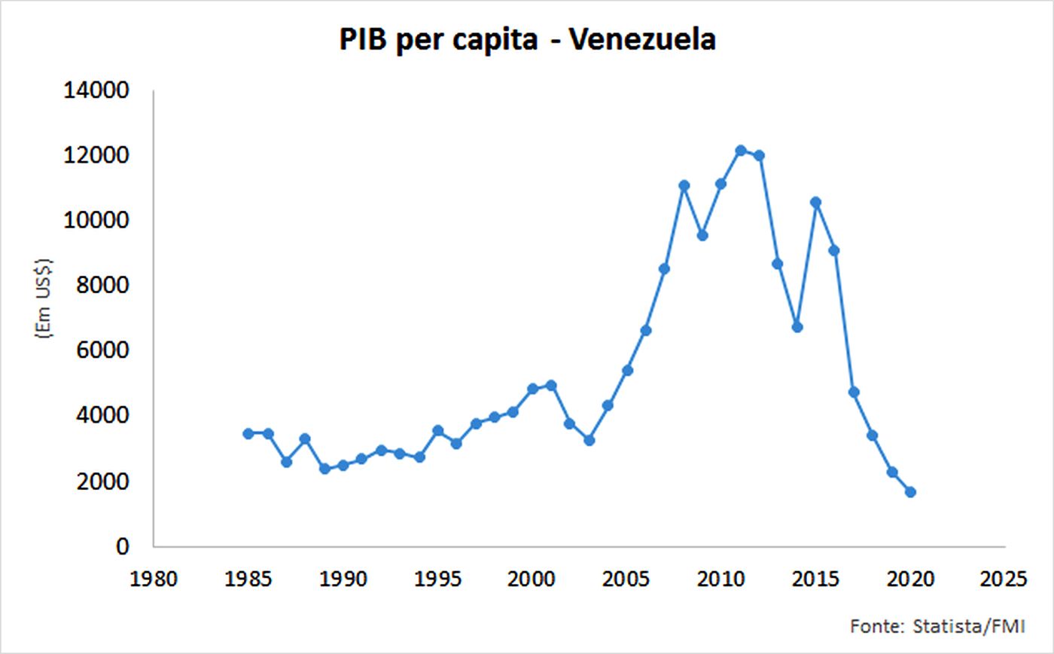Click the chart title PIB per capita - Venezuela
pyautogui.click(x=527, y=39)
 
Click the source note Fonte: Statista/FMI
pyautogui.click(x=937, y=625)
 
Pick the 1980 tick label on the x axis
pyautogui.click(x=154, y=579)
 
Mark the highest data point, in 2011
pyautogui.click(x=740, y=151)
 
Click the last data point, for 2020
pyautogui.click(x=910, y=492)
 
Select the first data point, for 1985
pyautogui.click(x=248, y=433)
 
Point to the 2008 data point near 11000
pyautogui.click(x=684, y=185)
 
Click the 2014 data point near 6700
pyautogui.click(x=797, y=327)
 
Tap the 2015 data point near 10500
pyautogui.click(x=815, y=202)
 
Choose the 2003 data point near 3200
pyautogui.click(x=589, y=440)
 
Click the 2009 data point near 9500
pyautogui.click(x=702, y=235)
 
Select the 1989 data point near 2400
pyautogui.click(x=324, y=469)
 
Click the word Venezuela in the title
pyautogui.click(x=642, y=39)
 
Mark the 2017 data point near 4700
pyautogui.click(x=854, y=392)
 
